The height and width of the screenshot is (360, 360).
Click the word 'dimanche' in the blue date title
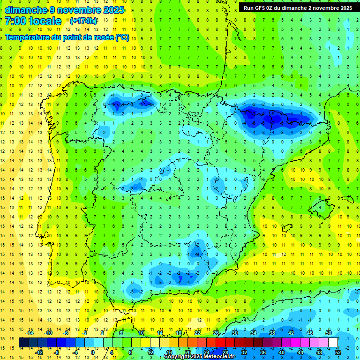click(26, 10)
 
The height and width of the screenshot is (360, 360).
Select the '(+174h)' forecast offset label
click(83, 21)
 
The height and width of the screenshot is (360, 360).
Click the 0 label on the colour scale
click(93, 352)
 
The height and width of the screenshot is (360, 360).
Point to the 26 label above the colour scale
click(216, 333)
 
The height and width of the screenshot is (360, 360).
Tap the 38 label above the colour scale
click(272, 333)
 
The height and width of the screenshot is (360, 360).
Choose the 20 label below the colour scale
click(187, 352)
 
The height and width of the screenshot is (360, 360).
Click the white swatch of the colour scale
click(333, 343)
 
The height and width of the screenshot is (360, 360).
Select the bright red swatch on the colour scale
click(221, 343)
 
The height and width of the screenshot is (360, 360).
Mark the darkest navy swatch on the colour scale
click(23, 343)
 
